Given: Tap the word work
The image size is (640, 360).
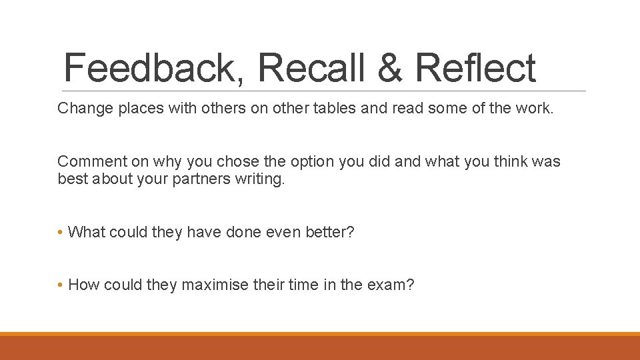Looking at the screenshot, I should pos(535,108).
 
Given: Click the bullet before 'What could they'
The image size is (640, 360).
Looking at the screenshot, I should pos(60,232).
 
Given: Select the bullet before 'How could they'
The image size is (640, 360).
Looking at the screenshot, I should pos(60,285).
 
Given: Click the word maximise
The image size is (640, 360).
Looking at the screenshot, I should pos(213,285).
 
